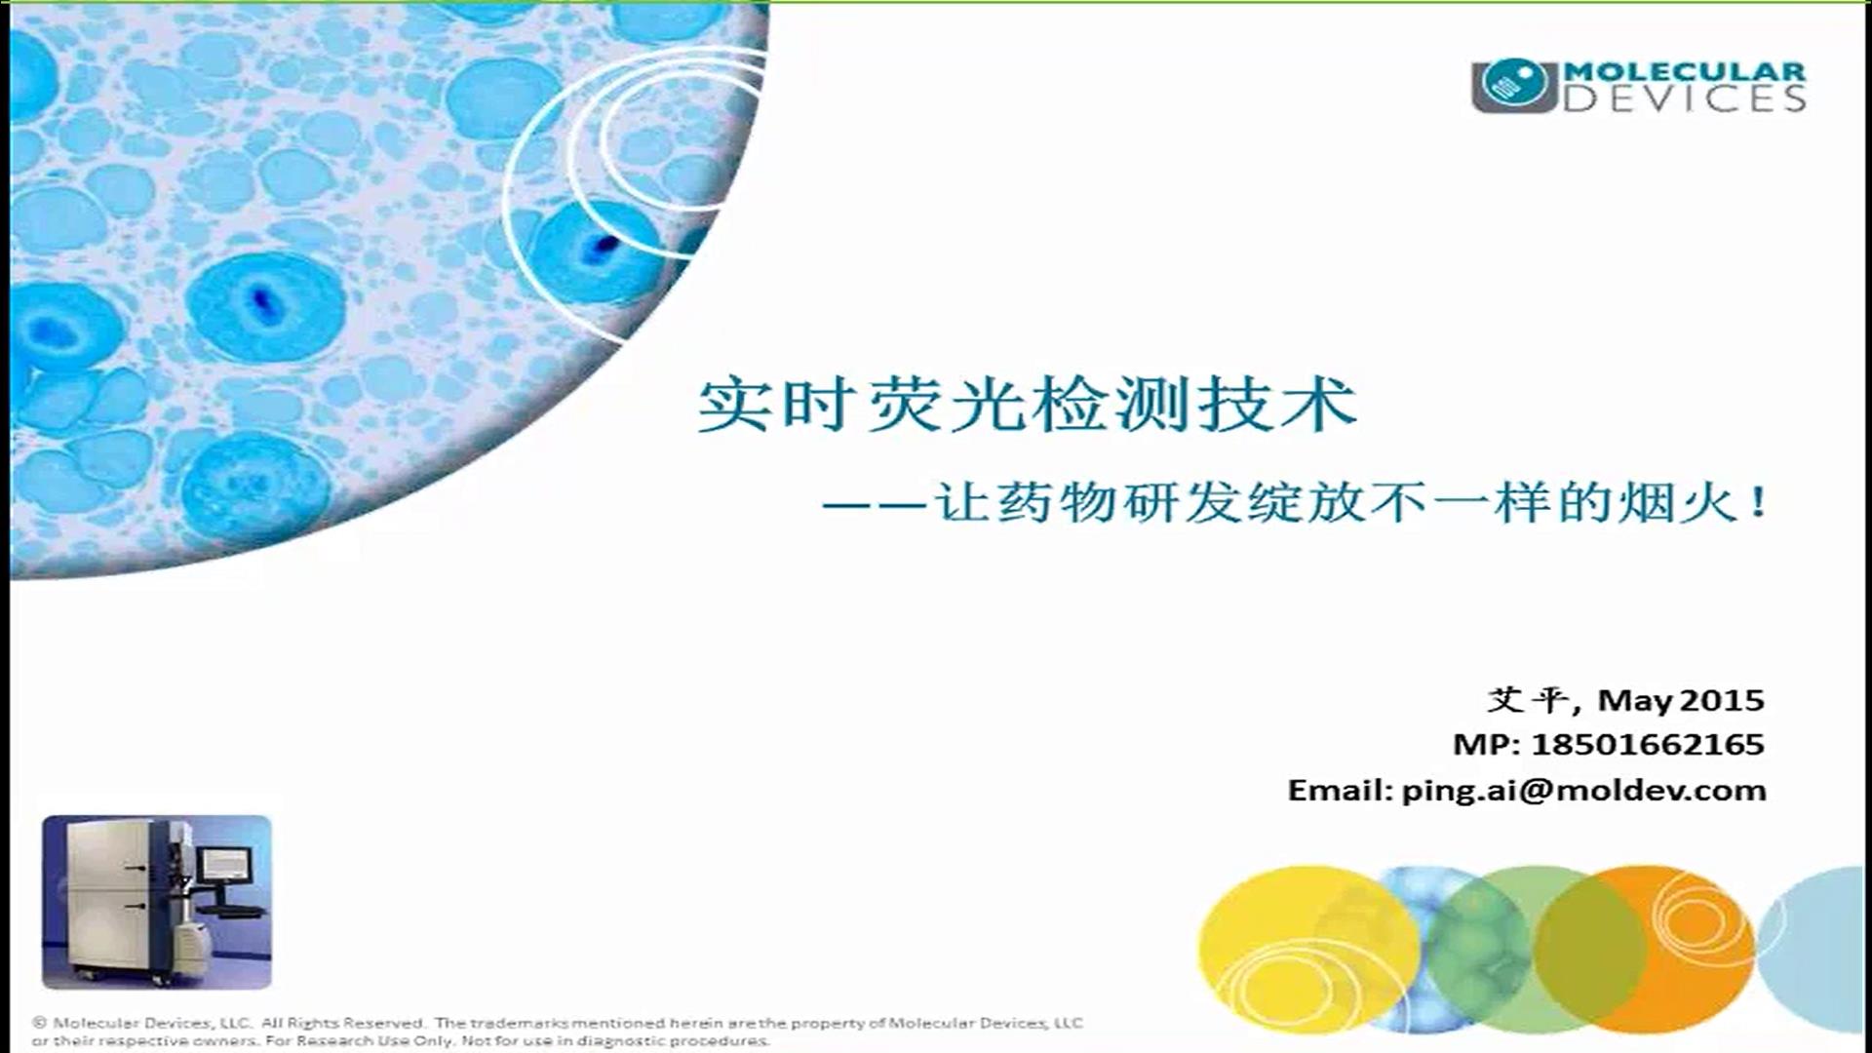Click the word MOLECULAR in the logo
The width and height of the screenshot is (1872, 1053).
click(1684, 71)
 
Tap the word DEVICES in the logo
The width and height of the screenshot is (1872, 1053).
click(1684, 98)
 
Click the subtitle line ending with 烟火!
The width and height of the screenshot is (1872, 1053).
click(1294, 503)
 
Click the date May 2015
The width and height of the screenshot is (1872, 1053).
click(1681, 700)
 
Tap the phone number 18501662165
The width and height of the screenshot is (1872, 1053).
click(1648, 745)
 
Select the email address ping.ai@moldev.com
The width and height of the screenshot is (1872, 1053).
click(1584, 790)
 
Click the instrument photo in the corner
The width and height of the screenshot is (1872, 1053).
click(157, 902)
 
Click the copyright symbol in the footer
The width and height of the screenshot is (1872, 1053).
click(40, 1023)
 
